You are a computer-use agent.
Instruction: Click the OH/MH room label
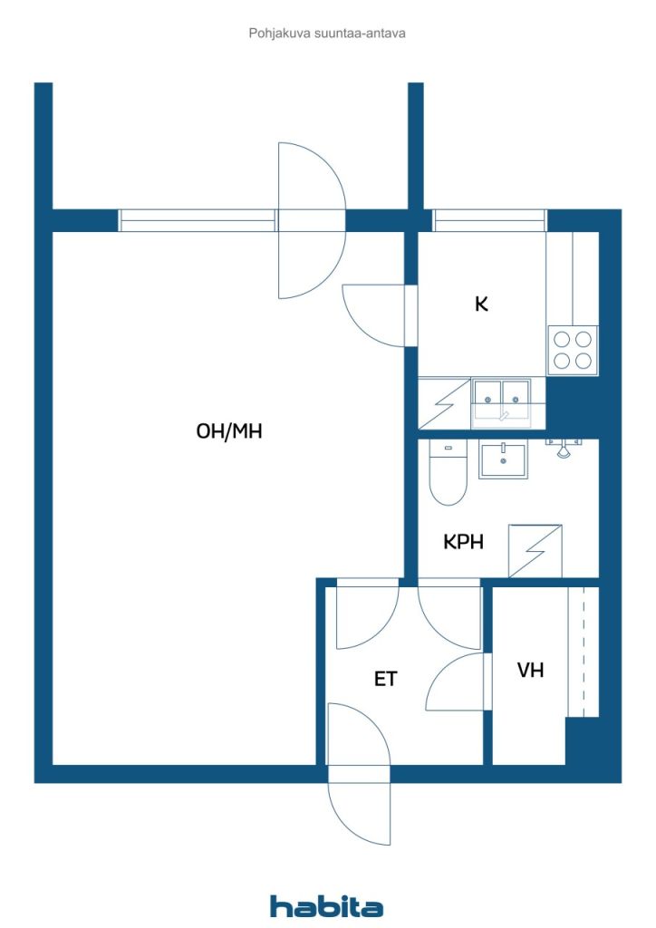229,430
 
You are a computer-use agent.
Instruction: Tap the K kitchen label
481,304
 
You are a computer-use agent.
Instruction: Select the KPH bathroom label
463,542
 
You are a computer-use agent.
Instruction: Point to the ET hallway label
386,679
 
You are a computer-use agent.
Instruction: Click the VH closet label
530,670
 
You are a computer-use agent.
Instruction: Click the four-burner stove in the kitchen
573,350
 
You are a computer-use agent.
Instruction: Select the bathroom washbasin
503,459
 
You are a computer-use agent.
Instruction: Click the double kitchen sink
501,402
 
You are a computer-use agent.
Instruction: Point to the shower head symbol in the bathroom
564,449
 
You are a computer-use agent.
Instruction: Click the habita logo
326,905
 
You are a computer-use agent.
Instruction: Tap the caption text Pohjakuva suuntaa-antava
327,34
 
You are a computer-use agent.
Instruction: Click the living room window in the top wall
197,220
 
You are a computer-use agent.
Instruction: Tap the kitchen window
488,220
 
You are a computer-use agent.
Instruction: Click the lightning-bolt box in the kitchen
444,403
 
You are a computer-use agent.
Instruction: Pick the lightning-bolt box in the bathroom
535,551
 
